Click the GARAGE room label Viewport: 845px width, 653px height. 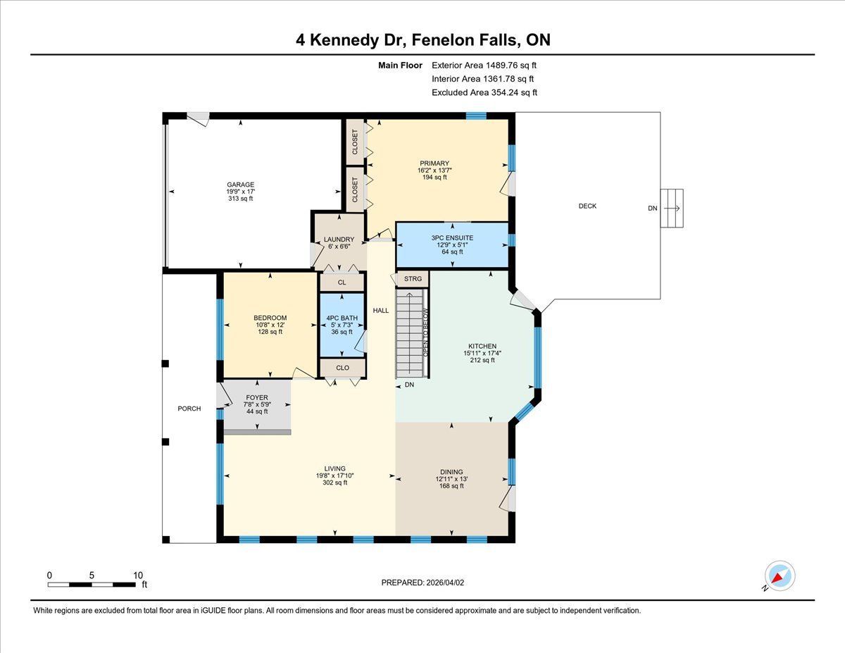click(x=240, y=185)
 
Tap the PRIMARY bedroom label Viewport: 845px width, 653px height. click(x=434, y=163)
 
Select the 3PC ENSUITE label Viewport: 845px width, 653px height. click(x=452, y=237)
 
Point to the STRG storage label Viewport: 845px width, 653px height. click(x=413, y=279)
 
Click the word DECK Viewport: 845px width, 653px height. click(x=587, y=206)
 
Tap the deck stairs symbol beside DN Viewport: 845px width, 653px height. click(x=672, y=208)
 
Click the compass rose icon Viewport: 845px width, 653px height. click(x=780, y=576)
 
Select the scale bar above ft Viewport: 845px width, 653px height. click(x=92, y=585)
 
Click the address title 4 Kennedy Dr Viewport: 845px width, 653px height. click(x=351, y=40)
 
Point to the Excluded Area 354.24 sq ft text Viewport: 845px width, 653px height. click(x=484, y=92)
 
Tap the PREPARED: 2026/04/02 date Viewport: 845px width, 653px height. click(x=423, y=583)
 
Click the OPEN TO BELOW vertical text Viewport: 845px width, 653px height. click(x=425, y=332)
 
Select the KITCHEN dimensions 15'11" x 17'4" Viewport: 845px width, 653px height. click(x=482, y=353)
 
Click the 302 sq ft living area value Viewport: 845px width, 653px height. click(x=334, y=483)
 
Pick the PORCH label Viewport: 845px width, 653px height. click(x=189, y=409)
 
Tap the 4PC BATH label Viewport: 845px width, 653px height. click(x=342, y=318)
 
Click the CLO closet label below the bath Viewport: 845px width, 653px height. click(x=343, y=368)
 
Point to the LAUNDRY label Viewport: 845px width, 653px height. click(x=339, y=240)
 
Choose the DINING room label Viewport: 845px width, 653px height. click(x=451, y=472)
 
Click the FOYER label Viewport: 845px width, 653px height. click(x=257, y=397)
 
